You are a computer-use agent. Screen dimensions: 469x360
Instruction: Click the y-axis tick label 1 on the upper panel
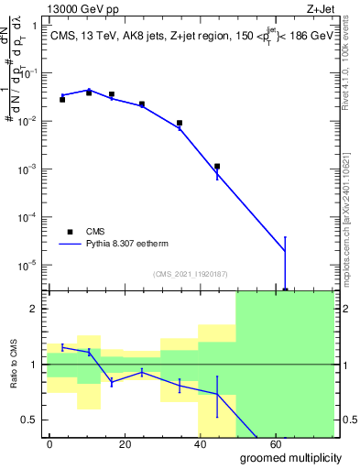[34, 26]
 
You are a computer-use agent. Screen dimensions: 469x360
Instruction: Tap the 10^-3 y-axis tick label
[27, 169]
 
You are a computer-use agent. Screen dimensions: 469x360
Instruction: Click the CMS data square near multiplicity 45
[217, 167]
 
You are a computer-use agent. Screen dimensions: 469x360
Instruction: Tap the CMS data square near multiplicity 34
[180, 123]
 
